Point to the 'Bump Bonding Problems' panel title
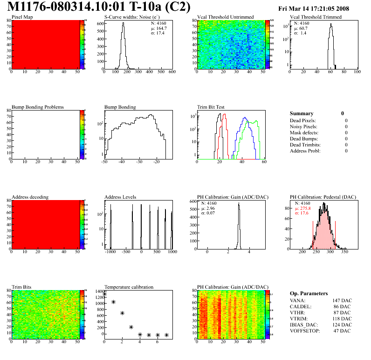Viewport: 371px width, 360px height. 37,107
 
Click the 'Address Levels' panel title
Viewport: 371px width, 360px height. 120,197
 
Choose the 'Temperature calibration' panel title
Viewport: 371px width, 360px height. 129,287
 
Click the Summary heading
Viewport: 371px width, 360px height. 302,113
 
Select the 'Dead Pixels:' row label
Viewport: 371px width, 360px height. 303,121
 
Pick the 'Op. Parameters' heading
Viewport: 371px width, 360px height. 309,293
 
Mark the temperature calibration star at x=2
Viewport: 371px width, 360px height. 122,313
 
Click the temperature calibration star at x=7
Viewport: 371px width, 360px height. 166,335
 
